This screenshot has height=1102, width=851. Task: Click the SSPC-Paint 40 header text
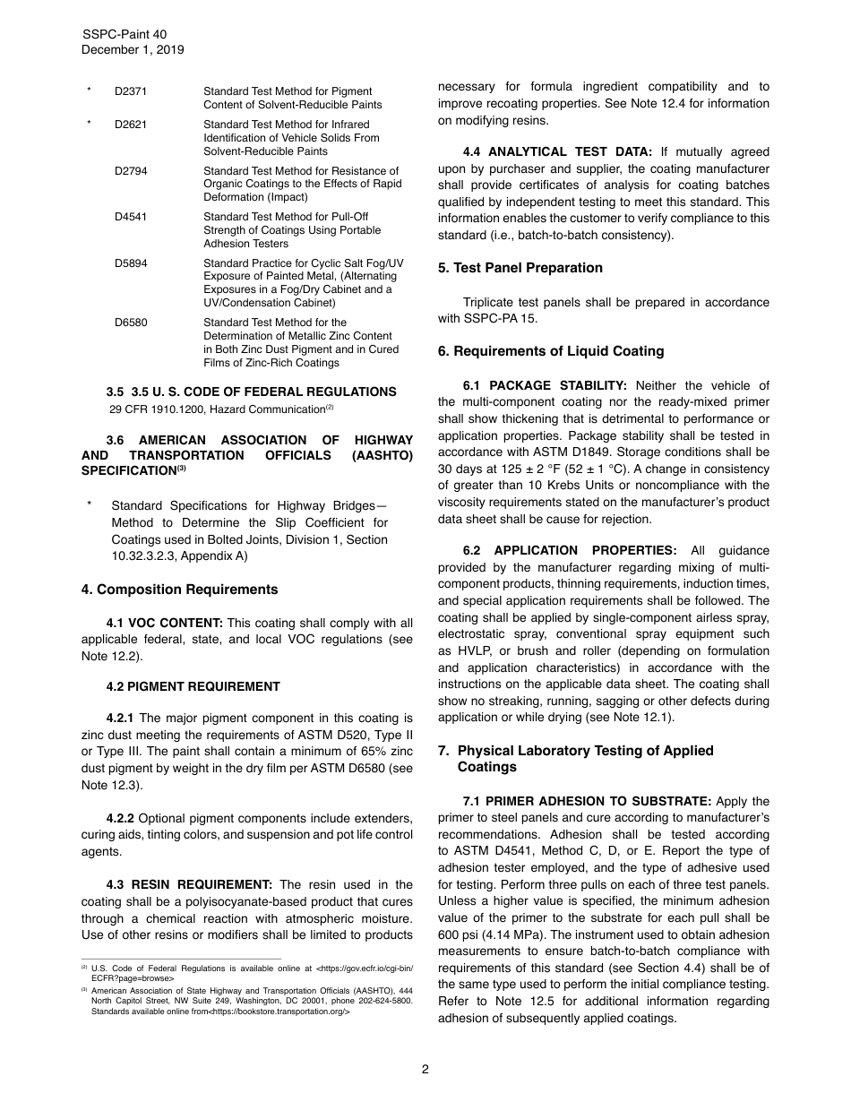point(125,34)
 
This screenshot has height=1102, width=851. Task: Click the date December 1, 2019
point(133,50)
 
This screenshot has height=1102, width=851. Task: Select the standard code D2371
point(131,91)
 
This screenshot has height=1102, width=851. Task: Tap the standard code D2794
point(131,170)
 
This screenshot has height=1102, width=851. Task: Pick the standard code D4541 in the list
point(131,217)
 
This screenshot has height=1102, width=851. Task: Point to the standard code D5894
point(131,263)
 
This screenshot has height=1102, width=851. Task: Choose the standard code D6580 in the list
point(131,323)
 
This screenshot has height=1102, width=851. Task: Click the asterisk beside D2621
point(89,125)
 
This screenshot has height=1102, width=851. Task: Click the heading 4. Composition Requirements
point(179,590)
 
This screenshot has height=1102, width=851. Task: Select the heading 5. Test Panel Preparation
point(520,268)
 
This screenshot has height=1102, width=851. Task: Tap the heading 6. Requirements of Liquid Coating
point(551,351)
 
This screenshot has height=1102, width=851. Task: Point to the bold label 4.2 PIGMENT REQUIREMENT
point(193,686)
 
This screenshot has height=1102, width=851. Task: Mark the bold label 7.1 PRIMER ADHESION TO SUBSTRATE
point(587,801)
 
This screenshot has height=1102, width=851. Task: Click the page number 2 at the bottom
point(425,1069)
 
